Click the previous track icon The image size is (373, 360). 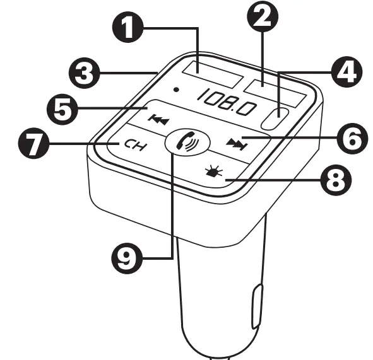pyautogui.click(x=155, y=119)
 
